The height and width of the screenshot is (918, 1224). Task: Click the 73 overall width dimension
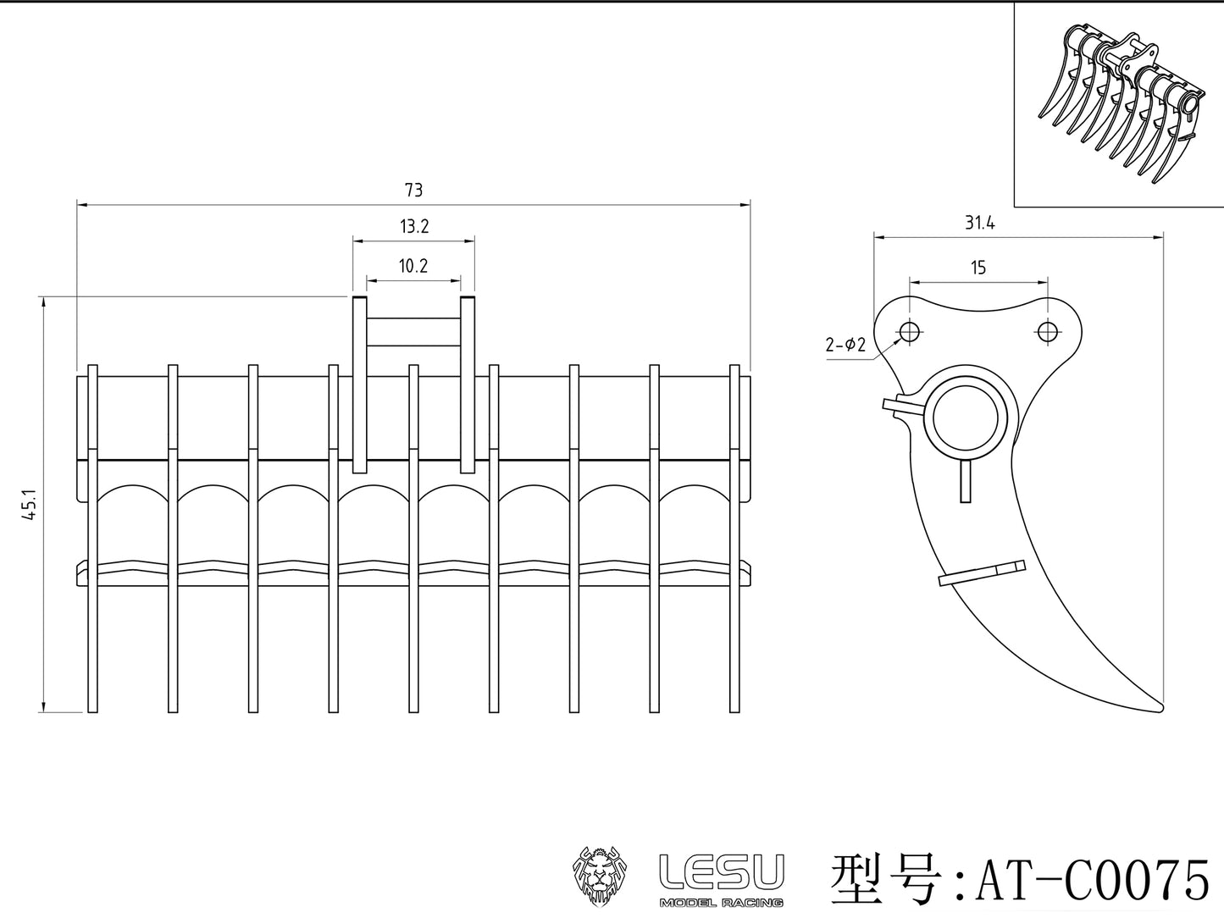click(x=413, y=191)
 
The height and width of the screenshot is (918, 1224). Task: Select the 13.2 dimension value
click(x=413, y=226)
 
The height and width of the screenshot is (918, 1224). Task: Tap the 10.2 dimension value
click(x=413, y=266)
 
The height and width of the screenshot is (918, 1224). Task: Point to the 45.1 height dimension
click(x=30, y=506)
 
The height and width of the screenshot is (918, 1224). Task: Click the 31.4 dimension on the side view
click(x=978, y=224)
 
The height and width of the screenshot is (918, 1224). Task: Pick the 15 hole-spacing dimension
click(x=978, y=268)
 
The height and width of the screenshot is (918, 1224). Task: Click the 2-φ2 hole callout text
click(x=845, y=345)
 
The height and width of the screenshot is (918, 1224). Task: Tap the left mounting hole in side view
click(x=910, y=331)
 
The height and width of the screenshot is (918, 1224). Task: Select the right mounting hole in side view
click(x=1048, y=331)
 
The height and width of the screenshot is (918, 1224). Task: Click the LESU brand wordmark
click(x=722, y=871)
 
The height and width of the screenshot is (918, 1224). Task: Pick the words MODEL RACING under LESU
click(x=722, y=902)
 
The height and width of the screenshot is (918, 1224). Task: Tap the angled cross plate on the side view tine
click(x=982, y=573)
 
